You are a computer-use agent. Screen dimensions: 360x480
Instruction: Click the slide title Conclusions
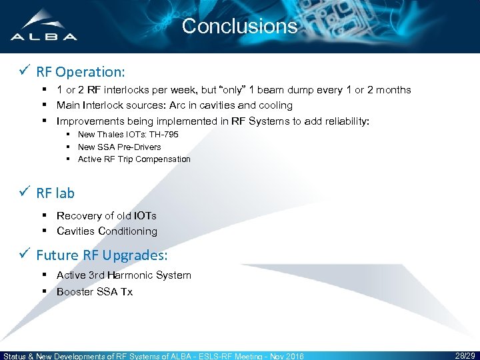click(x=239, y=26)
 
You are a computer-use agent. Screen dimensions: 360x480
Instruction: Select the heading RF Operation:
click(x=81, y=70)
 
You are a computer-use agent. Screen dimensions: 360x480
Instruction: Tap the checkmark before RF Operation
click(x=25, y=70)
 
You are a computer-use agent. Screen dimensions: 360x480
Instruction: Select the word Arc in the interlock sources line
click(x=177, y=105)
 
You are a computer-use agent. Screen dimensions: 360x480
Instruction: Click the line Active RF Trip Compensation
click(x=134, y=159)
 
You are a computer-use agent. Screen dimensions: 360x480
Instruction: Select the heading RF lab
click(x=55, y=193)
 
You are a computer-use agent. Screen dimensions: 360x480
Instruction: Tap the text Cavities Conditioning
click(x=107, y=231)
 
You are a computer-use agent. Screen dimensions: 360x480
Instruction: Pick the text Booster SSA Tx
click(x=95, y=291)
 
